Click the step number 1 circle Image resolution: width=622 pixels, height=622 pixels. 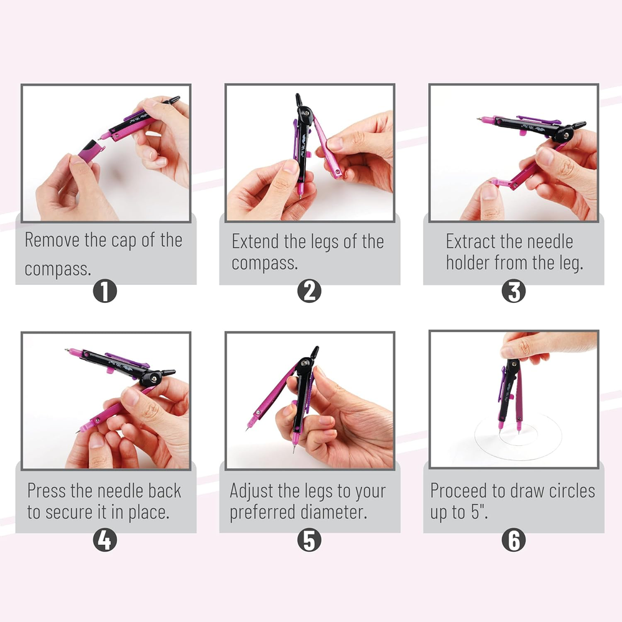point(104,291)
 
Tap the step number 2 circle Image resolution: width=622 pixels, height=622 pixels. point(309,291)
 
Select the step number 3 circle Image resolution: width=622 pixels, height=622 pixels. point(513,291)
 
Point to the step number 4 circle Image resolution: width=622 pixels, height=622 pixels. point(104,540)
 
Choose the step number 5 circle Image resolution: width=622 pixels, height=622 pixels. point(309,540)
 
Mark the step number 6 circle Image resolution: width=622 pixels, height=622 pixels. point(513,540)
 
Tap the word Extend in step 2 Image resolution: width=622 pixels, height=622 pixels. point(255,241)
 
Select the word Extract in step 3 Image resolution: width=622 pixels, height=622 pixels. point(470,241)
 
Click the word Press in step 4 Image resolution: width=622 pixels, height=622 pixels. point(47,491)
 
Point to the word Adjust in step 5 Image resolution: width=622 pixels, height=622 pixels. point(251,491)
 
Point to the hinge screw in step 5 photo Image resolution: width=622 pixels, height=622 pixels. point(305,363)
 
